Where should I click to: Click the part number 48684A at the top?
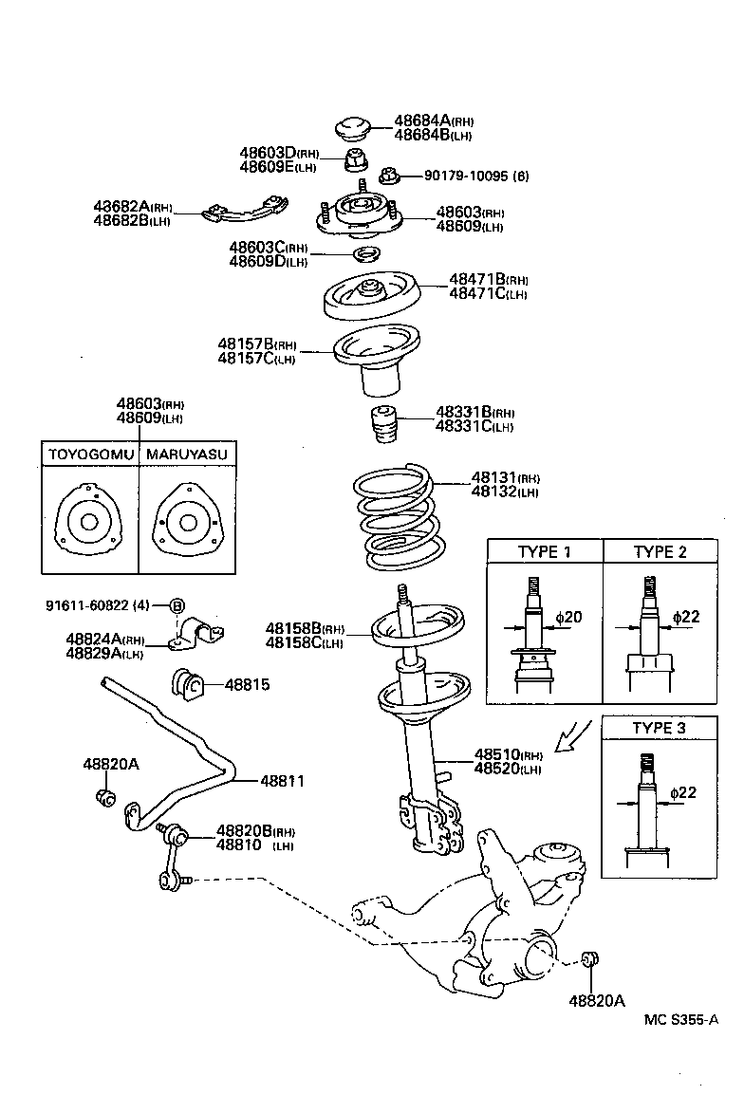421,121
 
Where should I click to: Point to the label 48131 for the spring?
492,478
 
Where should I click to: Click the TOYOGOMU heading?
90,455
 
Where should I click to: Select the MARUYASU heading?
186,455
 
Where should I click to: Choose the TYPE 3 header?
660,729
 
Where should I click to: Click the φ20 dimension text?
568,618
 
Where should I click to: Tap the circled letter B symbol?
177,606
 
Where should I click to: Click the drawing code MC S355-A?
680,1020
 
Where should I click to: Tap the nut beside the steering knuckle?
588,959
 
